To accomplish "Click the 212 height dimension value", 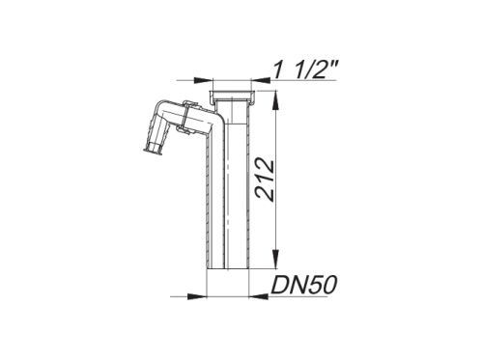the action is coord(265,180).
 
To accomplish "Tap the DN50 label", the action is coord(304,285).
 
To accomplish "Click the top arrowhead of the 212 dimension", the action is coord(274,100).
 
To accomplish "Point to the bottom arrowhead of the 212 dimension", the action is coord(274,260).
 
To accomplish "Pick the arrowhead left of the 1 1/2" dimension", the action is coord(203,80).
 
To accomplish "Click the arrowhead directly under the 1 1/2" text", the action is coord(261,80).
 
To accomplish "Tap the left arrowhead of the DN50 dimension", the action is coord(196,296).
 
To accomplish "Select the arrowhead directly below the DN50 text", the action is coord(260,296).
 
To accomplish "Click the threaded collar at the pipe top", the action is coord(232,96).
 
